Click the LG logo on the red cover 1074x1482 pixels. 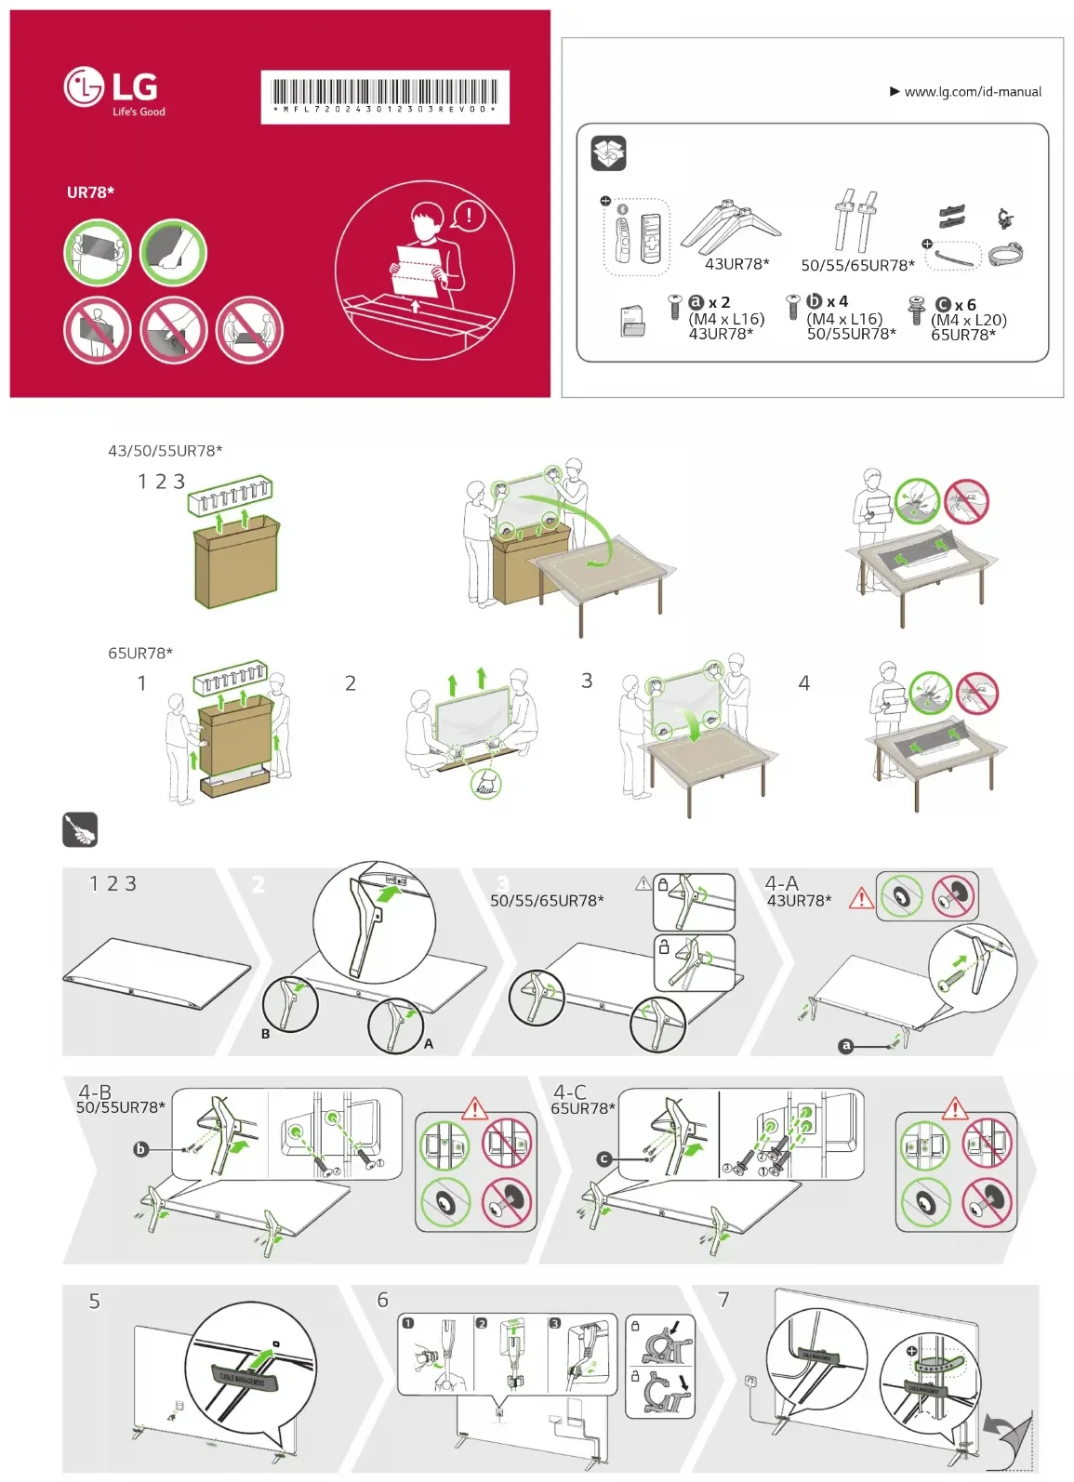click(112, 88)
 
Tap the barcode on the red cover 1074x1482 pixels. click(385, 94)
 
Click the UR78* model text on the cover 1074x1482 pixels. click(90, 192)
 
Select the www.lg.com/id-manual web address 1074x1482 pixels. click(972, 92)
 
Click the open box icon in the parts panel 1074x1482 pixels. click(609, 153)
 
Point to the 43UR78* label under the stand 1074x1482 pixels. click(736, 264)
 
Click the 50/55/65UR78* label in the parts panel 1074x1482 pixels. click(857, 265)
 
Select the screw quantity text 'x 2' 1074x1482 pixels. click(719, 303)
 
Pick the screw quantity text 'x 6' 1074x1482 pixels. click(965, 305)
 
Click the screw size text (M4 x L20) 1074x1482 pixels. click(968, 320)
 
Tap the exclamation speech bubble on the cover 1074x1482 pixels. click(469, 217)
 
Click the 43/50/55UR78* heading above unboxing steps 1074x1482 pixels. click(166, 451)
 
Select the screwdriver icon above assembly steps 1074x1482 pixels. click(80, 829)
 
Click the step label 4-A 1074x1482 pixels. click(781, 883)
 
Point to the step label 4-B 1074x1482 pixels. click(94, 1092)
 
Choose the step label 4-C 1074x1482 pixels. click(569, 1092)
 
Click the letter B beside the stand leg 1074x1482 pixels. click(265, 1034)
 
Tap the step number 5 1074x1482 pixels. click(94, 1302)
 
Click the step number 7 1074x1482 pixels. click(723, 1300)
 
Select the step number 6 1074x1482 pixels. click(382, 1300)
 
